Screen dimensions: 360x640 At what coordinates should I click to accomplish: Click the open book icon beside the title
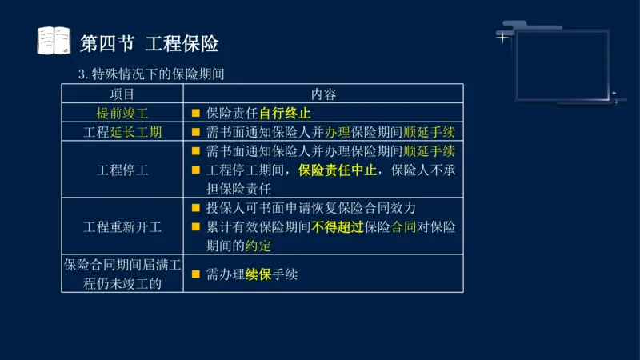pos(55,42)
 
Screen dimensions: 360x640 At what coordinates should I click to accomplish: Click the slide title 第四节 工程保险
pos(150,42)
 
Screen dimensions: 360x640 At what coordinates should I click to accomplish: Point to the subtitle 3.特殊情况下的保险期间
pos(150,74)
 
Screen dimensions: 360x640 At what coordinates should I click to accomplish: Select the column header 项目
pos(122,94)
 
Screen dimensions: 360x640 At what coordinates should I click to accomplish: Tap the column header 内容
pos(323,94)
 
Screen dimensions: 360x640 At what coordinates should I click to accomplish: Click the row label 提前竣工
pos(122,113)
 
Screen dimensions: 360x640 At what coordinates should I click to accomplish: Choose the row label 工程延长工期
pos(122,132)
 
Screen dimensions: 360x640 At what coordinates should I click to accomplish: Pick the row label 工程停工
pos(122,170)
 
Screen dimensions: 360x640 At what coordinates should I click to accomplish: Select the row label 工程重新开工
pos(122,226)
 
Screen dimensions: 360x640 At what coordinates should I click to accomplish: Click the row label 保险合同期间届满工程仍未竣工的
pos(122,274)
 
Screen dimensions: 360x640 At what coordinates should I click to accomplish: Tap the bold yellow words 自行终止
pos(285,113)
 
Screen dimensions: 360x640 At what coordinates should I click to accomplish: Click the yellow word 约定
pos(258,245)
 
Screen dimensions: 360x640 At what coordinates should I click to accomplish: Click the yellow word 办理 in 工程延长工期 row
pos(338,132)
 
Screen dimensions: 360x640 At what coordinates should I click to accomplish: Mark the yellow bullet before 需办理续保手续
pos(195,274)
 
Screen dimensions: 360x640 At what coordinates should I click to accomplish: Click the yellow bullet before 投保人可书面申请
pos(195,208)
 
